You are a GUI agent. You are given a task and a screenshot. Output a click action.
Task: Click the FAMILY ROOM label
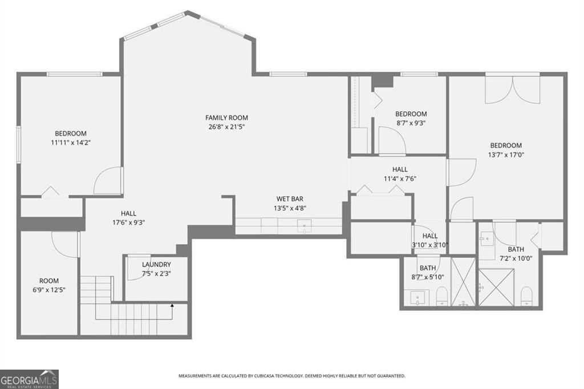click(x=226, y=118)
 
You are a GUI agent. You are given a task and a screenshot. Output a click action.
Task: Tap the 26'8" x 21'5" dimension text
click(x=226, y=127)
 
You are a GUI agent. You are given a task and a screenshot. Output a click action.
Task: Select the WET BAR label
click(x=289, y=199)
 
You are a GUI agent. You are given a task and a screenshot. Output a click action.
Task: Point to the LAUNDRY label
click(x=156, y=265)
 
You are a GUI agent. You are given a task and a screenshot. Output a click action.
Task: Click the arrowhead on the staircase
click(x=172, y=306)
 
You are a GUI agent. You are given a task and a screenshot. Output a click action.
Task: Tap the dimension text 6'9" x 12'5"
click(x=48, y=290)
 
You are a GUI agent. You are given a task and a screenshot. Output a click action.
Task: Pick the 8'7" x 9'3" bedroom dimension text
click(x=411, y=123)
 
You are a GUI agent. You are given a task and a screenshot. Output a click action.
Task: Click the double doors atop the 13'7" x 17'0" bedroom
click(x=512, y=89)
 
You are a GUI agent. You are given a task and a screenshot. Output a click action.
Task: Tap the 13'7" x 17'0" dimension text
click(x=505, y=154)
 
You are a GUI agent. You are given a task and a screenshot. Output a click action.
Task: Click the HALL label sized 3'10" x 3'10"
click(x=430, y=236)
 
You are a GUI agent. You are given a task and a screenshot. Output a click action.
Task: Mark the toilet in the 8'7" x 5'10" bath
click(x=441, y=297)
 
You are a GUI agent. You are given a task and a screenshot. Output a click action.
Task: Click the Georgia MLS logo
click(x=29, y=379)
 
